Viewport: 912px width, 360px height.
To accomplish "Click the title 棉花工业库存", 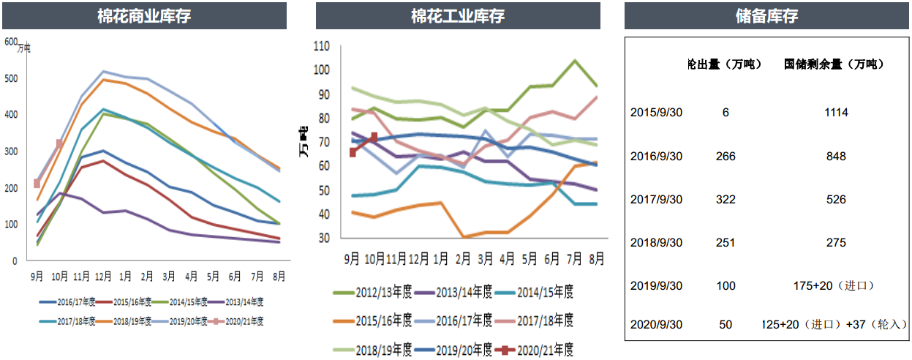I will pyautogui.click(x=458, y=15).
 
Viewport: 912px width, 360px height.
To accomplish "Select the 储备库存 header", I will pyautogui.click(x=766, y=15).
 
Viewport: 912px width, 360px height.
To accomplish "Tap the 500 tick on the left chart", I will pyautogui.click(x=11, y=78).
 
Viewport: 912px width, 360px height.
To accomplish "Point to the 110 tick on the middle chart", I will pyautogui.click(x=321, y=46).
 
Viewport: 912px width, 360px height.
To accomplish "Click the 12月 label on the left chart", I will pyautogui.click(x=104, y=276).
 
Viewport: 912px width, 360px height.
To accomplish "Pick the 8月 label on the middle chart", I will pyautogui.click(x=597, y=258).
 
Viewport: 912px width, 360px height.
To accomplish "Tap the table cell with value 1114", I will pyautogui.click(x=834, y=113).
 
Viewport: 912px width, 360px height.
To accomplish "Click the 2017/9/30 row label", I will pyautogui.click(x=656, y=199).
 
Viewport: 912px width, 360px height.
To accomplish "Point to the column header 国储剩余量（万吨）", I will pyautogui.click(x=834, y=64).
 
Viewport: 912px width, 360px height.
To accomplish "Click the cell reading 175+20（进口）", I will pyautogui.click(x=834, y=285).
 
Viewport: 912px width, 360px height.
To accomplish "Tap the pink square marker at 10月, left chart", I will pyautogui.click(x=60, y=144).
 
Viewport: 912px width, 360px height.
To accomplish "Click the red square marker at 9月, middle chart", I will pyautogui.click(x=353, y=152).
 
